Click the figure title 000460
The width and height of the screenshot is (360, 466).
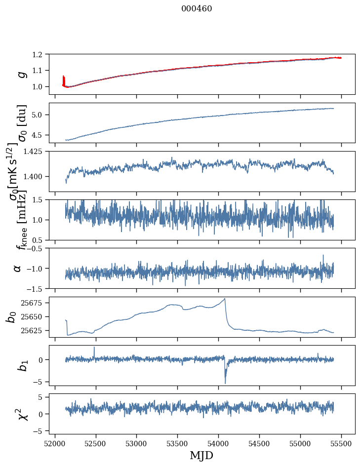pyautogui.click(x=197, y=8)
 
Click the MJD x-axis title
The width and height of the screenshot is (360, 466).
pyautogui.click(x=201, y=455)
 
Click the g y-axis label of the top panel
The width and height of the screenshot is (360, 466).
pyautogui.click(x=21, y=74)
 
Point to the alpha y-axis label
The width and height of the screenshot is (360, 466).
pyautogui.click(x=18, y=268)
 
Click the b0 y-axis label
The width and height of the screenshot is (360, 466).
pyautogui.click(x=11, y=317)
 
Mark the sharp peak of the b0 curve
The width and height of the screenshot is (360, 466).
pyautogui.click(x=225, y=299)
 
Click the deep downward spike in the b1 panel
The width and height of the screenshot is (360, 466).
pyautogui.click(x=225, y=383)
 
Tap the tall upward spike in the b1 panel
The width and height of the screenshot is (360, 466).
pyautogui.click(x=94, y=348)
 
